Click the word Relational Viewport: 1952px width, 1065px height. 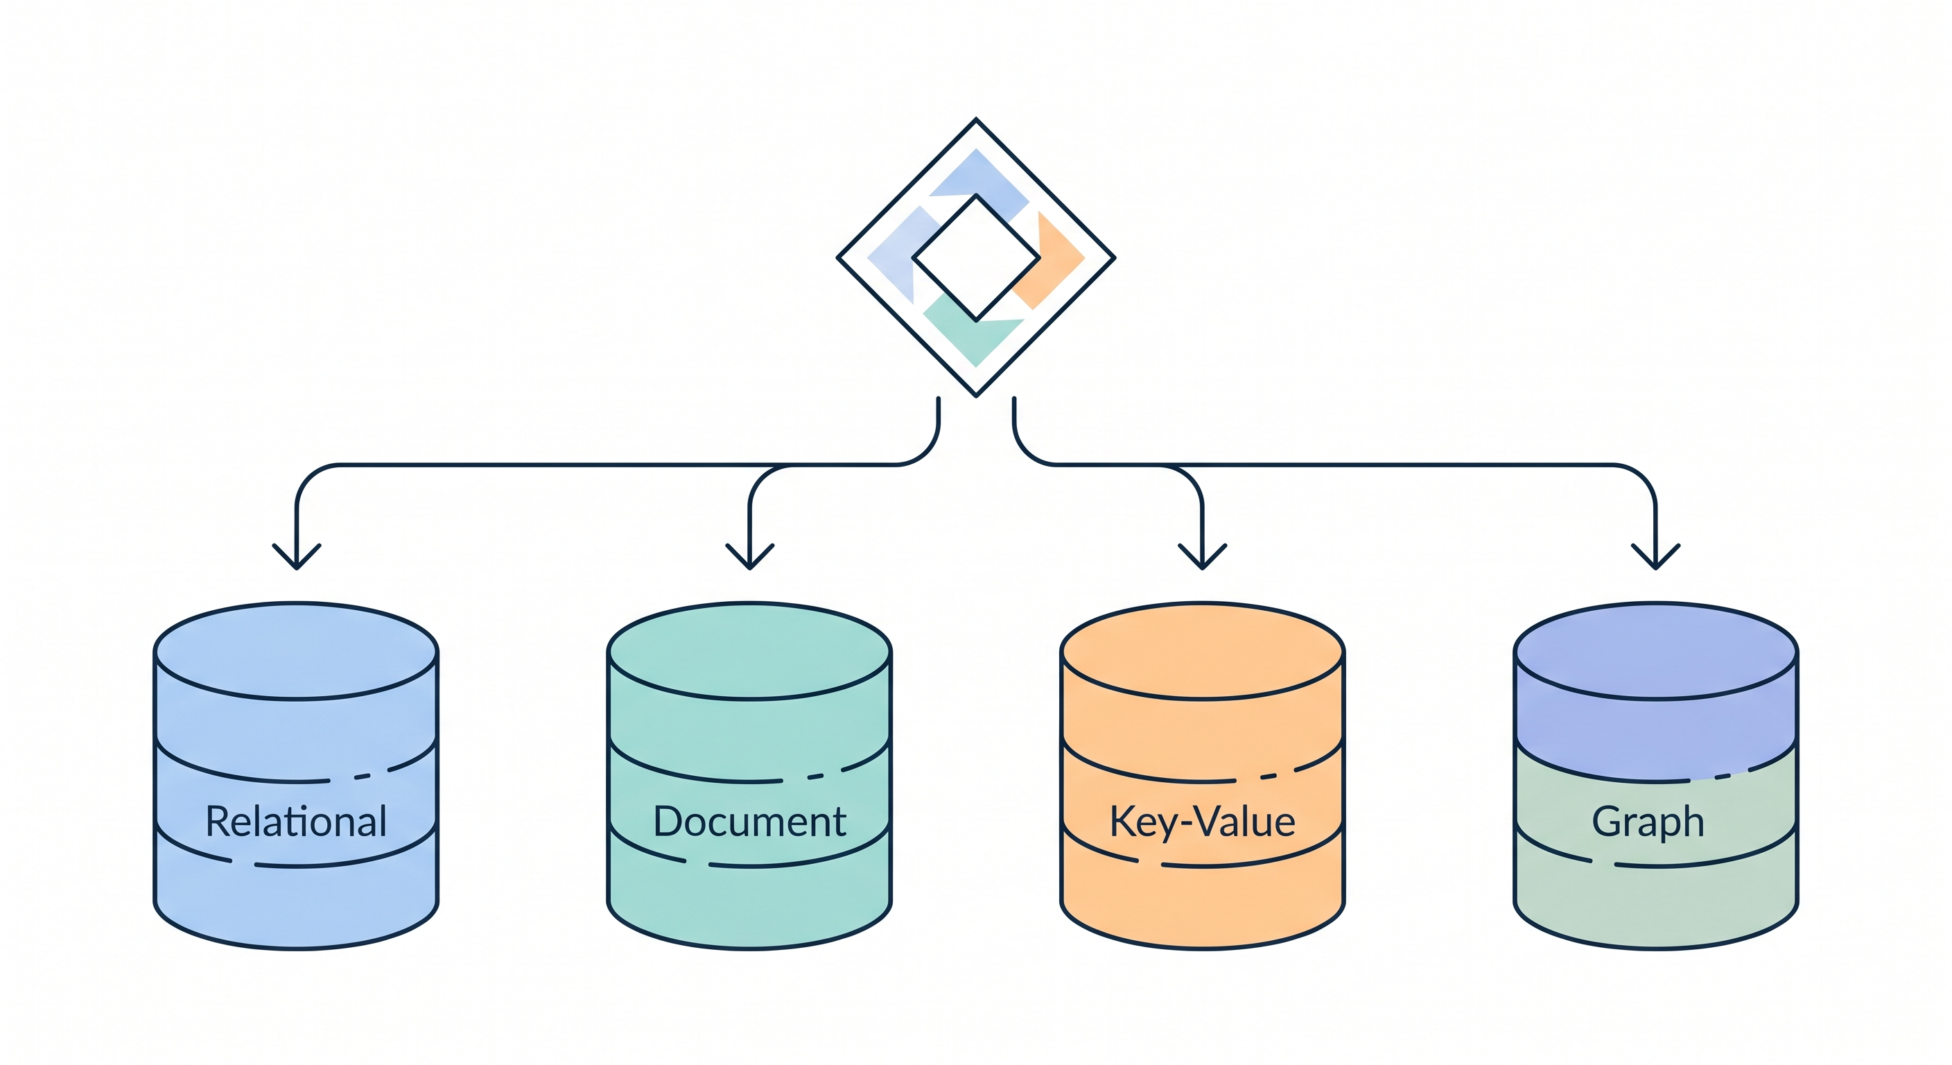(x=296, y=822)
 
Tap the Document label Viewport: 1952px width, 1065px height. (x=749, y=822)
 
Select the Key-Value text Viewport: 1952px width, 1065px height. (x=1203, y=822)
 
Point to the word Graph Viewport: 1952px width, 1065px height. (x=1648, y=822)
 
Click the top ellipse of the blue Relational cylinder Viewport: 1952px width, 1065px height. (x=296, y=650)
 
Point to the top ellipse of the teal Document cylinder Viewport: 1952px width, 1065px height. (x=749, y=650)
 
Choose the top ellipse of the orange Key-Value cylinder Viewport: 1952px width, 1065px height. (x=1203, y=650)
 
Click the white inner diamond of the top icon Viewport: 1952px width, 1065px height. (x=976, y=258)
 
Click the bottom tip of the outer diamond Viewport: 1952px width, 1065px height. (x=976, y=394)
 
